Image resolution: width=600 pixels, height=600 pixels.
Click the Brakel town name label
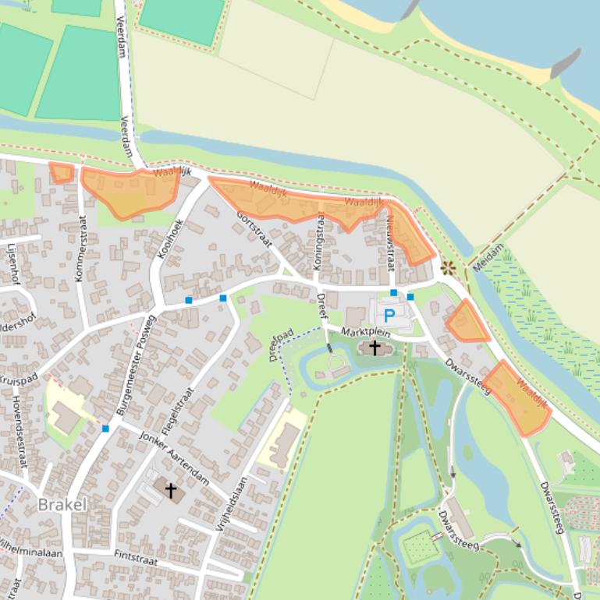(x=62, y=505)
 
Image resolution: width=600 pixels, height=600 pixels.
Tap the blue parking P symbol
(x=388, y=316)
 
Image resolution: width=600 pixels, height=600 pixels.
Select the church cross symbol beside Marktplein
(x=375, y=348)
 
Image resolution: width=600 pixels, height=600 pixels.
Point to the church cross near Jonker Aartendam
(x=169, y=490)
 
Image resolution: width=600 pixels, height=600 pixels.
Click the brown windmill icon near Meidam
(x=448, y=269)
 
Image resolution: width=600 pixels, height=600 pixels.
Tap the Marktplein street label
(x=364, y=333)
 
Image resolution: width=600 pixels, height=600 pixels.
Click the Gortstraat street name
(x=254, y=229)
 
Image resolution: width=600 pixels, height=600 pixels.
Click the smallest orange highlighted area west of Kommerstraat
(x=62, y=172)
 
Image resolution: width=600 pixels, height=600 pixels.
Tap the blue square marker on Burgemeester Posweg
(x=105, y=429)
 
